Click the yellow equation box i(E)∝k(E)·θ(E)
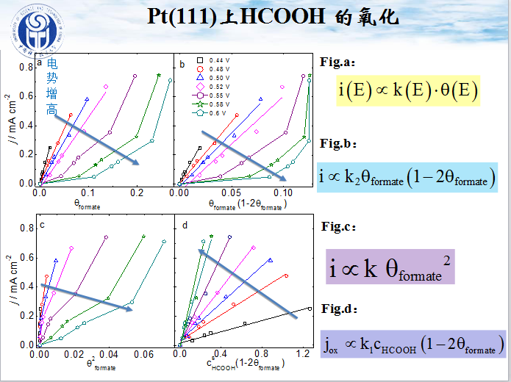pyautogui.click(x=408, y=90)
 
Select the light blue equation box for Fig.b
pyautogui.click(x=407, y=176)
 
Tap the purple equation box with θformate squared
pyautogui.click(x=390, y=266)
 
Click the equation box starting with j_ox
pyautogui.click(x=413, y=343)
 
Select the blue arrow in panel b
pyautogui.click(x=243, y=159)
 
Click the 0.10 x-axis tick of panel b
pyautogui.click(x=283, y=192)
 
